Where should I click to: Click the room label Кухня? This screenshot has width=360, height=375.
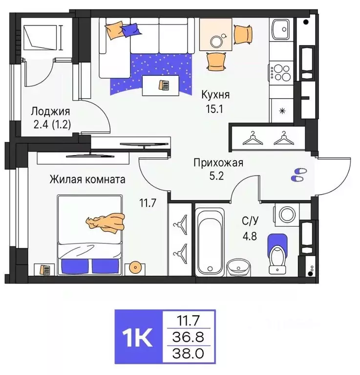(x=216, y=95)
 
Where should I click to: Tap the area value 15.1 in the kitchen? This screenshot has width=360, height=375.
(x=214, y=109)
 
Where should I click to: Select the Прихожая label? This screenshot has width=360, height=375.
(x=218, y=163)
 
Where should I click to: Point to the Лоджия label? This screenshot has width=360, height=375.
(x=50, y=111)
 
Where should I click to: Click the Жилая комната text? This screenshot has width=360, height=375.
(x=87, y=179)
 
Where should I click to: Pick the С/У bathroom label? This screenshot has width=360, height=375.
(x=251, y=221)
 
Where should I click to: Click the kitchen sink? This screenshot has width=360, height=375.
(x=281, y=29)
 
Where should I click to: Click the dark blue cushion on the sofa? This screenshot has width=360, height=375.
(x=130, y=30)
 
